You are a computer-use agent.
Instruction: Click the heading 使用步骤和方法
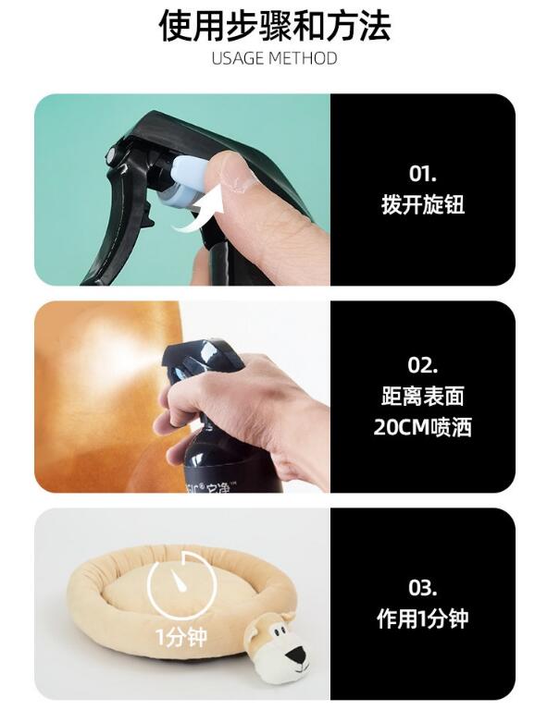tap(275, 26)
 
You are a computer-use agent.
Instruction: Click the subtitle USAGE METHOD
tap(274, 58)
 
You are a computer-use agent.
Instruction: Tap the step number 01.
tap(423, 174)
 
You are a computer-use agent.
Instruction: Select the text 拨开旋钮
tap(423, 204)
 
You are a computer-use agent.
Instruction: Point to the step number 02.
tap(423, 365)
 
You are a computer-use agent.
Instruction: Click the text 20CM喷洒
tap(423, 426)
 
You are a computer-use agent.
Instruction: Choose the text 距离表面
tap(423, 397)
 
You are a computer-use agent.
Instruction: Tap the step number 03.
tap(423, 587)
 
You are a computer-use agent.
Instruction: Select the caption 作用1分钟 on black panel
tap(423, 618)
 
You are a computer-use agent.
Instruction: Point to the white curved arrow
tap(202, 213)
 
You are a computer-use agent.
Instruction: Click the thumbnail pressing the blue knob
tap(229, 171)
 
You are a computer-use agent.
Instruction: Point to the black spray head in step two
tap(204, 362)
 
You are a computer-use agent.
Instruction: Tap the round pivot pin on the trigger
tap(111, 156)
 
